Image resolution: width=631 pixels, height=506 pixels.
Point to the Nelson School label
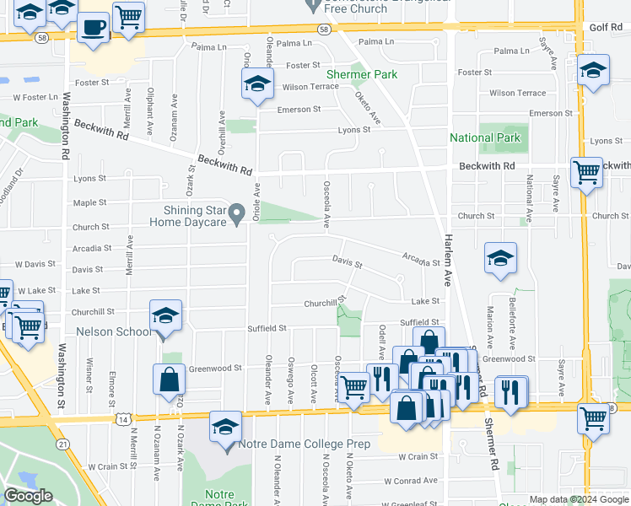coord(114,331)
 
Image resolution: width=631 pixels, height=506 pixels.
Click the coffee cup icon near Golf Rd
coord(94,27)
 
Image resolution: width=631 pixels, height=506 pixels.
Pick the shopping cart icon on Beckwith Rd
coord(586,172)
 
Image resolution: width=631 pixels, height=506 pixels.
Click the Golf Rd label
coord(605,28)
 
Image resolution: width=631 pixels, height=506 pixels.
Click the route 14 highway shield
coord(124,418)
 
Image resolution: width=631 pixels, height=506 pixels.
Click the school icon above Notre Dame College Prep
coord(225,427)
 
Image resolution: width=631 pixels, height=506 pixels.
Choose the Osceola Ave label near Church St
coord(326,204)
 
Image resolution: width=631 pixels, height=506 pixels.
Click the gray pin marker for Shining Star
coord(237,212)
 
